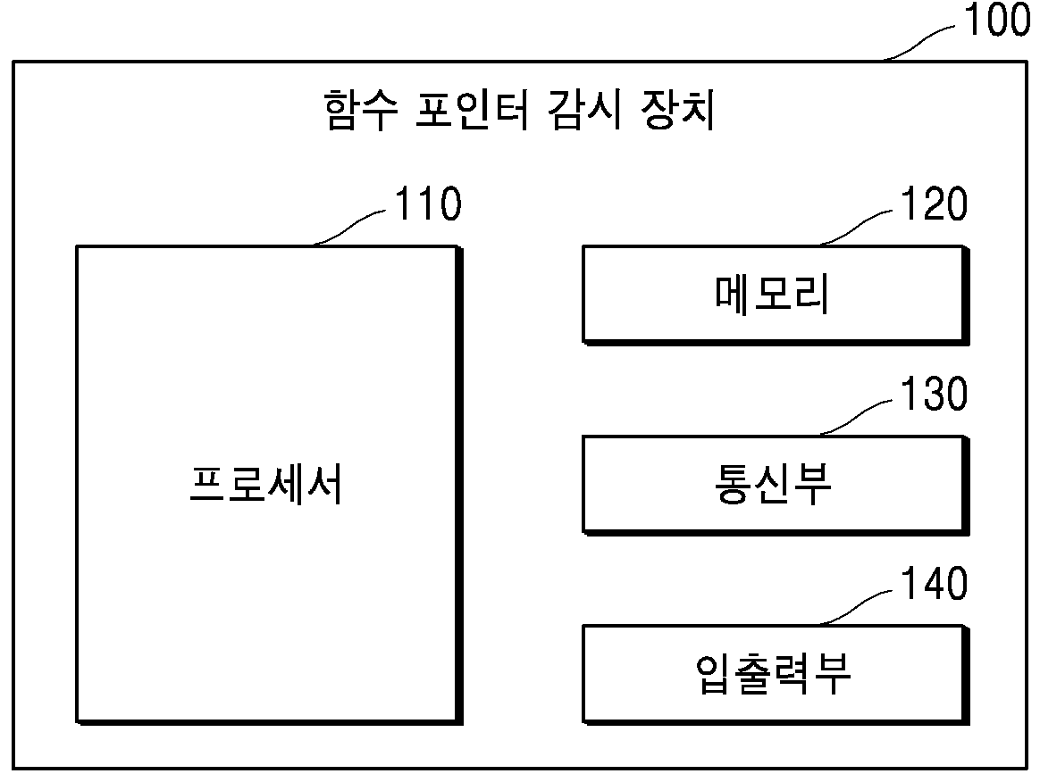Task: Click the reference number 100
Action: [997, 20]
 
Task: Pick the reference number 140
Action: [934, 583]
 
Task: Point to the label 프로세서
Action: [266, 484]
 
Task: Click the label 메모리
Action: [772, 294]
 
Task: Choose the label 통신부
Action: [772, 484]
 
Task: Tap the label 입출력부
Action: [772, 674]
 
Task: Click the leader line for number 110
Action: [348, 229]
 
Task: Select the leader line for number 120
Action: [856, 229]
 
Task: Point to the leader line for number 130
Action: [856, 418]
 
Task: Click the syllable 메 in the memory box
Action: [733, 294]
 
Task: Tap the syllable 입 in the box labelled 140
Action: [713, 674]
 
